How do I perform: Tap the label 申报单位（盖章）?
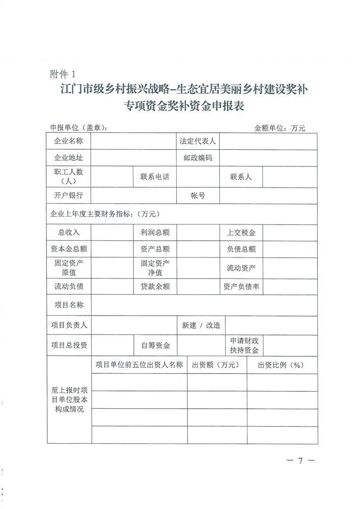pos(78,128)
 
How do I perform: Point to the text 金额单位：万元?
pos(280,128)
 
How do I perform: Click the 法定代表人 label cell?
pos(198,141)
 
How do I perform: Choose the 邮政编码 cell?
pos(198,158)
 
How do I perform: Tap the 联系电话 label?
pos(155,177)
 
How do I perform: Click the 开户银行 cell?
pos(69,195)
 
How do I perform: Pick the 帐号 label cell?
pos(198,195)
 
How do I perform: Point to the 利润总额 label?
pos(155,232)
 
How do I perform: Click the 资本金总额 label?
pos(69,249)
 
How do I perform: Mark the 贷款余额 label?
pos(155,287)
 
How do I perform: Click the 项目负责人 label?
pos(69,325)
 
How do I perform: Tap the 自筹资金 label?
pos(155,345)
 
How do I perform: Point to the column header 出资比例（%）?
pos(281,365)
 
